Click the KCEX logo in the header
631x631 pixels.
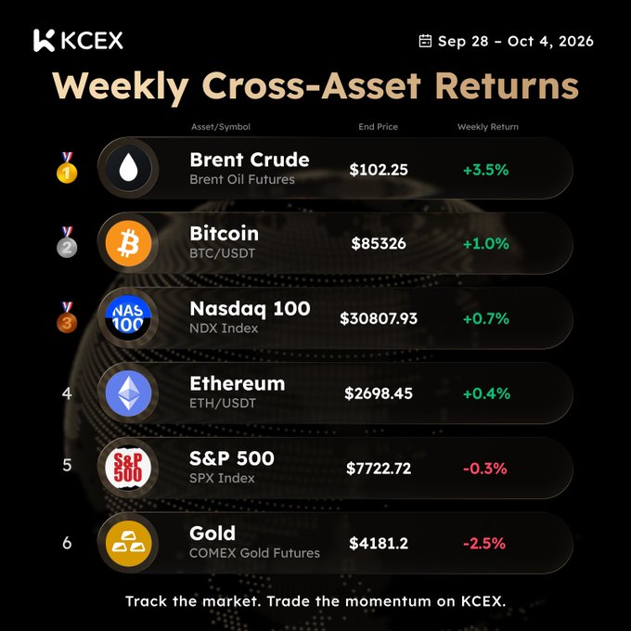[78, 40]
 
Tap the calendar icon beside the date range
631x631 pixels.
[425, 41]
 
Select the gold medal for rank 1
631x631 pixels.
[67, 168]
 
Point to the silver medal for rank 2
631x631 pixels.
[67, 242]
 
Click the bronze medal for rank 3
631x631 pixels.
[67, 317]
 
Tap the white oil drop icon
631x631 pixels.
[128, 168]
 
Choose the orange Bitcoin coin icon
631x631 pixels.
[128, 243]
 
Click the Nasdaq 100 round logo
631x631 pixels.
[128, 318]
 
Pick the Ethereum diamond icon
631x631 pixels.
[128, 393]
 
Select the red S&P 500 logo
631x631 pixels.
[128, 468]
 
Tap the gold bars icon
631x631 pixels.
[128, 543]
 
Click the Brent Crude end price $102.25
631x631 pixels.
[379, 170]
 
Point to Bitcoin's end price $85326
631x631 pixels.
[379, 243]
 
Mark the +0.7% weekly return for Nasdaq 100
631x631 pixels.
[486, 318]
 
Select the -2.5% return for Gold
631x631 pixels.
[484, 543]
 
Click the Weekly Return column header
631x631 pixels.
[488, 127]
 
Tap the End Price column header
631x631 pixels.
[379, 127]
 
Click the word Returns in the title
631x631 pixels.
[507, 85]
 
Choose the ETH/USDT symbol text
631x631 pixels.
[223, 404]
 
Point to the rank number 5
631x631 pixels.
[67, 465]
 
